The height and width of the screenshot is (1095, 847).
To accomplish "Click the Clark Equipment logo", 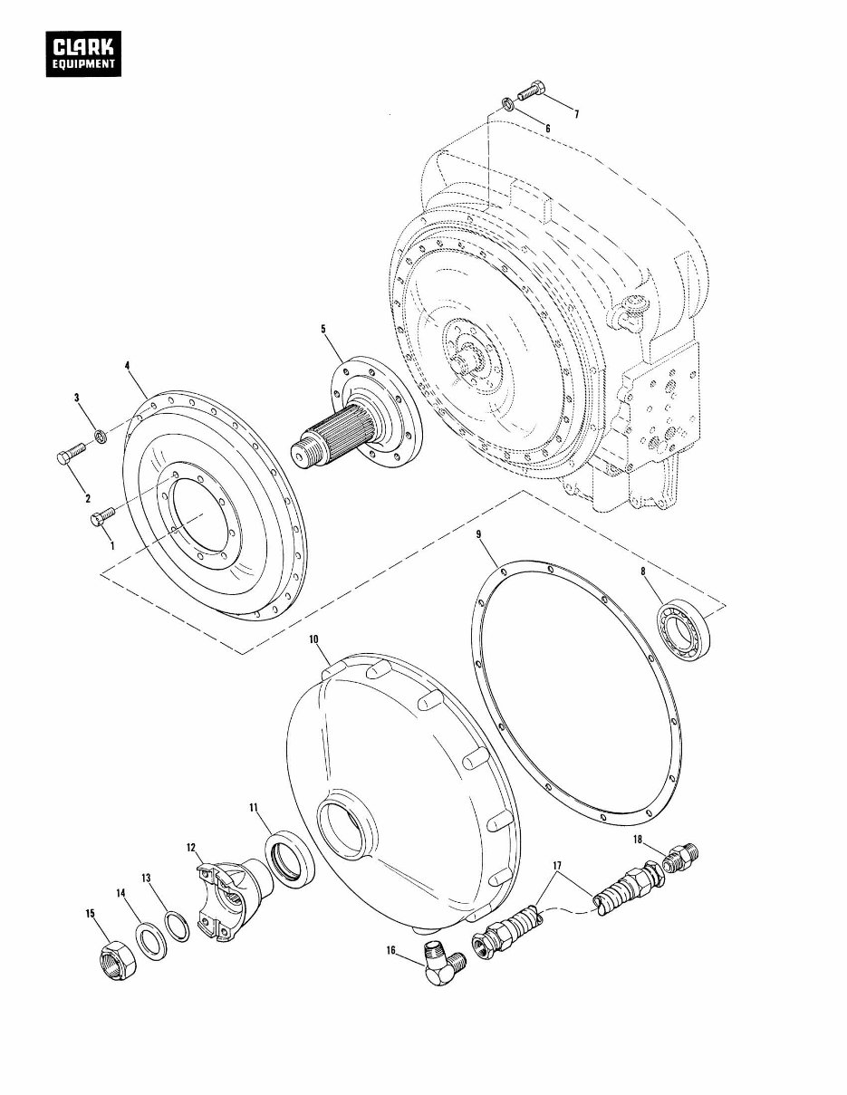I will pyautogui.click(x=85, y=54).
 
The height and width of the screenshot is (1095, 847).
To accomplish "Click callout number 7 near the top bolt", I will pyautogui.click(x=576, y=113).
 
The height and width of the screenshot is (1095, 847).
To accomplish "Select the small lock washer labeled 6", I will pyautogui.click(x=509, y=107).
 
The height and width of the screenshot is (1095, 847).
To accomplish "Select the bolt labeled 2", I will pyautogui.click(x=69, y=456).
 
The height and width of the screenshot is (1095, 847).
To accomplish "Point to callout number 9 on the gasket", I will pyautogui.click(x=478, y=535).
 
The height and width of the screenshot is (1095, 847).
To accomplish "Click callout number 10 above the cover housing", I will pyautogui.click(x=313, y=639).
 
